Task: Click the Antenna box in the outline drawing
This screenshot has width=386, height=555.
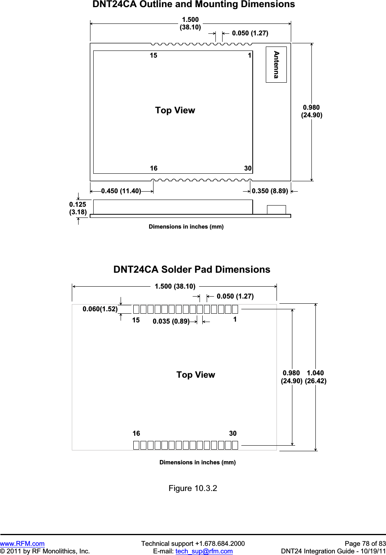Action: coord(276,64)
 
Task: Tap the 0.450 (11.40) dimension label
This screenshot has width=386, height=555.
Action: coord(121,191)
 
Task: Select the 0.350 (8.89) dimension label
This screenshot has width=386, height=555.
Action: coord(270,191)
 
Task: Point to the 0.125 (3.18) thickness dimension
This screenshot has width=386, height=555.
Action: coord(78,208)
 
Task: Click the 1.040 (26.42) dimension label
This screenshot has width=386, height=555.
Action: coord(316,377)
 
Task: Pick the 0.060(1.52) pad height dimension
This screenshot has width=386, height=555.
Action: coord(100,309)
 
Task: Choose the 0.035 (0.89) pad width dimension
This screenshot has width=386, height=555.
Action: coord(171,321)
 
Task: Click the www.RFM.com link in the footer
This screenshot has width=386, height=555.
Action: coord(22,543)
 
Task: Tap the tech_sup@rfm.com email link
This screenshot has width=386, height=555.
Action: coord(204,551)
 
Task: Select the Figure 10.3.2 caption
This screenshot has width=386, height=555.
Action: coord(193,488)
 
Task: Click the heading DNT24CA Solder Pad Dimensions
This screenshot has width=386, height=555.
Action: coord(192,270)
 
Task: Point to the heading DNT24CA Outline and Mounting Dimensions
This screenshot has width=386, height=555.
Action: coord(194,4)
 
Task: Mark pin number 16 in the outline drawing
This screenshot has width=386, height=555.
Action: coord(154,168)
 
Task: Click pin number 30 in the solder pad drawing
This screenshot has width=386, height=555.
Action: coord(233,433)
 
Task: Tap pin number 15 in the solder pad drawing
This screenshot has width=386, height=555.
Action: coord(136,320)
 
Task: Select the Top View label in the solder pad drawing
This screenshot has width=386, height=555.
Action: coord(196,375)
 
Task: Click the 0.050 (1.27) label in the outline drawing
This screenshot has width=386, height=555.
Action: coord(250,33)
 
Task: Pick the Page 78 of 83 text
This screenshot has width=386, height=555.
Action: coord(365,543)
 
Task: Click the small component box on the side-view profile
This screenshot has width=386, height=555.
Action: coord(276,210)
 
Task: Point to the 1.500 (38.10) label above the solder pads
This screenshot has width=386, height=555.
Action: coord(175,286)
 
